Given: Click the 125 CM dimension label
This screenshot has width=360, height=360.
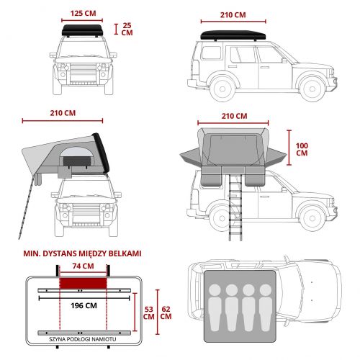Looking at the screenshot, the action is click(x=83, y=13).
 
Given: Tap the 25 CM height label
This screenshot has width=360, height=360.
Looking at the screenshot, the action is click(x=127, y=29).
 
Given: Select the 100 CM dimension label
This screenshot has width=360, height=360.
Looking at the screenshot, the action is click(x=302, y=149).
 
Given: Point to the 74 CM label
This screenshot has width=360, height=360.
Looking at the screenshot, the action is click(x=83, y=266).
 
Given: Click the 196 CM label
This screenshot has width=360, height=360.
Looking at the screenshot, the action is click(x=84, y=306).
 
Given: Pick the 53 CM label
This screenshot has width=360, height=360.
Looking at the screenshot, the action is click(x=148, y=313).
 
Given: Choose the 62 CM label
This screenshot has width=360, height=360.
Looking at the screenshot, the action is click(x=166, y=312).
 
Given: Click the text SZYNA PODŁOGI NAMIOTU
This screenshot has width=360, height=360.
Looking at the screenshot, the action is click(x=83, y=339).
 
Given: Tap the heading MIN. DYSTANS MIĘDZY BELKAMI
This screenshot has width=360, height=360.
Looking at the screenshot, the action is click(x=82, y=253).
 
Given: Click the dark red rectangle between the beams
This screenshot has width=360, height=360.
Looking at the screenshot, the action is click(x=83, y=283).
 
